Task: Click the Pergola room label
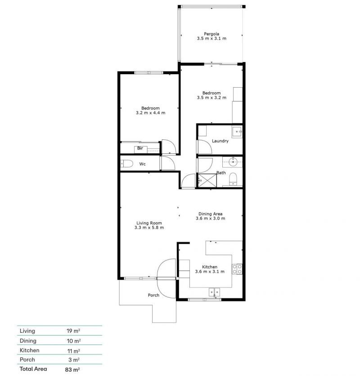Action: pos(211,34)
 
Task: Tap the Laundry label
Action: pos(220,141)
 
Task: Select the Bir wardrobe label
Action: pos(140,148)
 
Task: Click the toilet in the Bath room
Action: pos(233,179)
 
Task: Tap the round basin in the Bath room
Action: pos(233,162)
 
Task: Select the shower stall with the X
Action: pos(207,180)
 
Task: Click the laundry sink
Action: pos(237,132)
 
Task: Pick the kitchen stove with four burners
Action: pos(237,269)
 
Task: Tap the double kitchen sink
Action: pos(214,292)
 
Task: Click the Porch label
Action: pos(153,295)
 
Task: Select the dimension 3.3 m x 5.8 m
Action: pos(149,228)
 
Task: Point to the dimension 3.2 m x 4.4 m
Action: pos(150,113)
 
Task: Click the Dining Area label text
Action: pos(210,214)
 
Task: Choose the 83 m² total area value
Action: pos(72,369)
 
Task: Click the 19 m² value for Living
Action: pos(73,331)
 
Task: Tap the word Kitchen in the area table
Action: pos(30,350)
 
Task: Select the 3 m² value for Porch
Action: pos(74,360)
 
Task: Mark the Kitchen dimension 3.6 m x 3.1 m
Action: pos(210,272)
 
